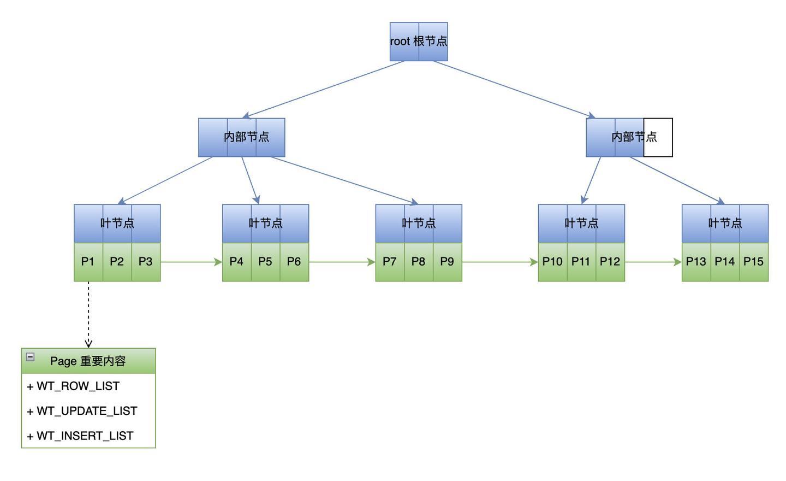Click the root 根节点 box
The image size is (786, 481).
click(x=419, y=42)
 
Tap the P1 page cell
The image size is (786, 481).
click(x=88, y=262)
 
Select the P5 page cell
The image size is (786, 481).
click(x=265, y=262)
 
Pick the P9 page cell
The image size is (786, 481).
click(x=447, y=262)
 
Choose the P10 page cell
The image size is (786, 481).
click(x=552, y=262)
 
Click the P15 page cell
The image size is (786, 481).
click(x=753, y=262)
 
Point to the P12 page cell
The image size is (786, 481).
click(x=610, y=262)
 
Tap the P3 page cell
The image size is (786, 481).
click(x=146, y=262)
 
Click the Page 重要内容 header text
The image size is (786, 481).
click(x=88, y=361)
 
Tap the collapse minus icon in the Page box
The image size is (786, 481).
click(x=31, y=357)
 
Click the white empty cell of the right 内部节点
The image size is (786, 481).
click(x=658, y=137)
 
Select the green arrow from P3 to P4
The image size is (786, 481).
click(x=191, y=262)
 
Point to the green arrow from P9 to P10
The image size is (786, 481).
click(x=500, y=262)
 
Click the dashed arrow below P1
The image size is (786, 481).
click(x=88, y=314)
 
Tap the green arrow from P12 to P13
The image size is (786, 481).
click(x=653, y=262)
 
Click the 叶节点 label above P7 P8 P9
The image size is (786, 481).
click(x=419, y=223)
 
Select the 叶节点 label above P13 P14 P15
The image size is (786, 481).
click(x=725, y=223)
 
